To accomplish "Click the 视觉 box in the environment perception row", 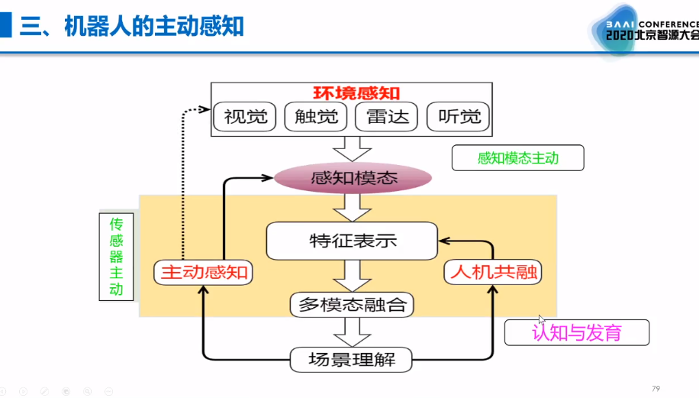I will click(x=246, y=117).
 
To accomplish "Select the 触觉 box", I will click(x=315, y=117).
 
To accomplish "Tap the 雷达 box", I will click(x=387, y=117).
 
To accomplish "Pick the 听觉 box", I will click(x=458, y=117).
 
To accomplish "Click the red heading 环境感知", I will click(x=347, y=92).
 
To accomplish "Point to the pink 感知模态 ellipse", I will click(x=352, y=178).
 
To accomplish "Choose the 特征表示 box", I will click(x=352, y=241).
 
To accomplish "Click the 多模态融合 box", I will click(x=352, y=305).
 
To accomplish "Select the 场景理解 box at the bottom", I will click(x=352, y=359).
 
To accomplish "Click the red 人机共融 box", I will click(x=493, y=272).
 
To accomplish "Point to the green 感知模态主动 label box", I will click(x=517, y=158).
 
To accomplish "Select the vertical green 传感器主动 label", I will click(x=116, y=256).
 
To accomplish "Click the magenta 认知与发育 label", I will click(x=576, y=332).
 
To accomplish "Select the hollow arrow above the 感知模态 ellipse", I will click(x=352, y=148).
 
